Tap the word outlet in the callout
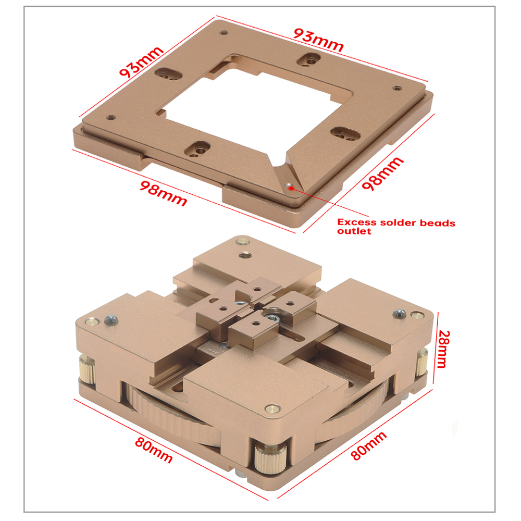tap(355, 232)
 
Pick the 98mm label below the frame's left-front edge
tap(163, 193)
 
